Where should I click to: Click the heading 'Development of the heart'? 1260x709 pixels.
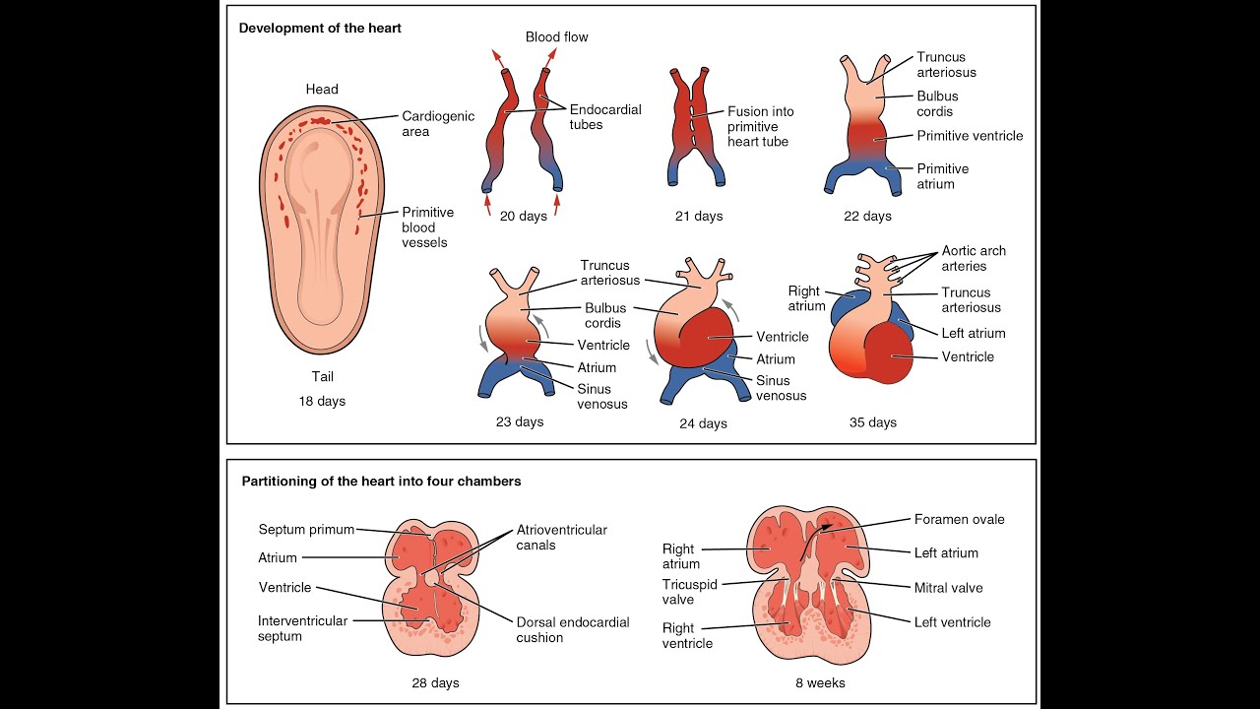pos(320,29)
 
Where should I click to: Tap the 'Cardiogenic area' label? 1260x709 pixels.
pos(438,124)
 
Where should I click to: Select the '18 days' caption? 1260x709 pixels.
pos(322,402)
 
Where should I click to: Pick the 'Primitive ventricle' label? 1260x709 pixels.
pos(970,136)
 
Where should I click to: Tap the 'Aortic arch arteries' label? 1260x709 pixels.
pos(974,258)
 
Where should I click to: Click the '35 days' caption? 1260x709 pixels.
pos(873,422)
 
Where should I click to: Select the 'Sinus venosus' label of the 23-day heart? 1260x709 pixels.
pos(602,396)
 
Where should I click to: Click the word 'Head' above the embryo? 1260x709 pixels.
pos(322,90)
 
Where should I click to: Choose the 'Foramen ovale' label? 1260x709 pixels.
pos(959,519)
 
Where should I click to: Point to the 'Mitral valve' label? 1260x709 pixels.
pos(948,588)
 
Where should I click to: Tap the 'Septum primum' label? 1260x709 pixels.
pos(306,530)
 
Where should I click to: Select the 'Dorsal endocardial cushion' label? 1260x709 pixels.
pos(573,629)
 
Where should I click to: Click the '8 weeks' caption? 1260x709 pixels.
pos(820,682)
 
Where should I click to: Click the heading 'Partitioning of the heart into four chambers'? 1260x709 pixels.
pos(382,482)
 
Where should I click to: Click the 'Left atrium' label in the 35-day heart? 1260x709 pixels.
pos(973,333)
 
